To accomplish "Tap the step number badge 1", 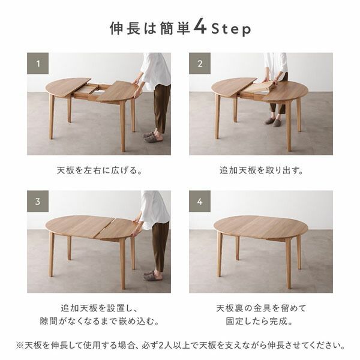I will pyautogui.click(x=38, y=63).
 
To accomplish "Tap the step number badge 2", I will pyautogui.click(x=200, y=63).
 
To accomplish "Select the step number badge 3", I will pyautogui.click(x=38, y=201).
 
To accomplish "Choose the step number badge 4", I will pyautogui.click(x=200, y=201).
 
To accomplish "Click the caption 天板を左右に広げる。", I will pyautogui.click(x=98, y=170).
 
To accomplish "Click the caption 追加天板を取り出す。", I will pyautogui.click(x=260, y=170).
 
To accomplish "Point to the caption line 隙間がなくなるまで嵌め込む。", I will pyautogui.click(x=98, y=322).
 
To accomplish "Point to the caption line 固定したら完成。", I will pyautogui.click(x=260, y=322).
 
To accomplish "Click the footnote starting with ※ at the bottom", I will pyautogui.click(x=180, y=346).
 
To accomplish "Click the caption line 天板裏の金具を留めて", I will pyautogui.click(x=260, y=308).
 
